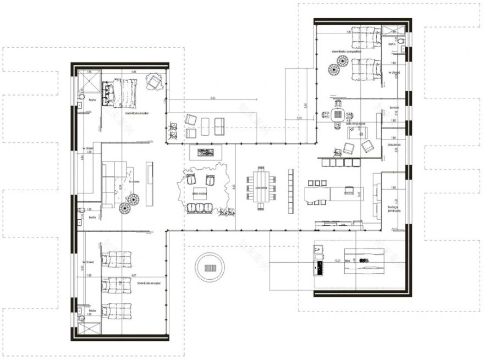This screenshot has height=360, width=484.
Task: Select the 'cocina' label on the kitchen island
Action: pyautogui.click(x=348, y=192)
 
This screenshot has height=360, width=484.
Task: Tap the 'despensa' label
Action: pyautogui.click(x=394, y=145)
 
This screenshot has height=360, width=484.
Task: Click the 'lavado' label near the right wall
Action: pyautogui.click(x=394, y=108)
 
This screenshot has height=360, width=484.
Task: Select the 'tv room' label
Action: pyautogui.click(x=133, y=181)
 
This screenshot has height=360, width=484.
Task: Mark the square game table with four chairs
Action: pyautogui.click(x=337, y=115)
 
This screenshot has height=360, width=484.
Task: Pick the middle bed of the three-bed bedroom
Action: pyautogui.click(x=117, y=284)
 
